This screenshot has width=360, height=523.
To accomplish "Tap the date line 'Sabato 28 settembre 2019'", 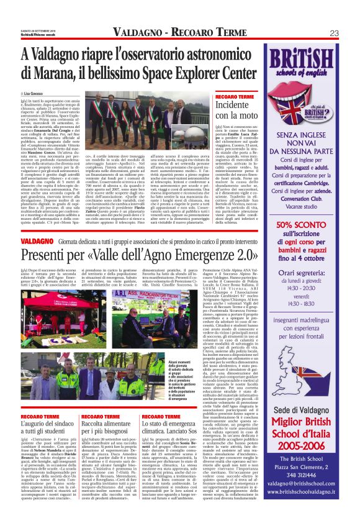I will point(42,31).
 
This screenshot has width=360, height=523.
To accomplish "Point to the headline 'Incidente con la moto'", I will point(236,109).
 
